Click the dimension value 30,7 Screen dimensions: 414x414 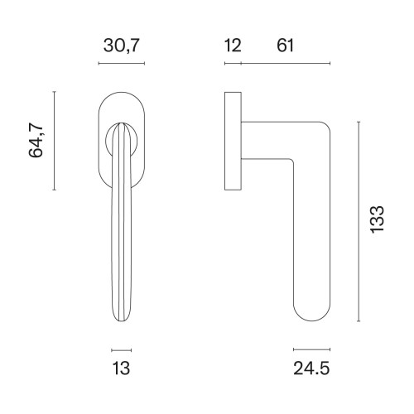pos(121,46)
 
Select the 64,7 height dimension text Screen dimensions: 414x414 pos(36,139)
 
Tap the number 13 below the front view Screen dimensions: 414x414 pos(121,368)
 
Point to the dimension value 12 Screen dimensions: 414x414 pos(233,46)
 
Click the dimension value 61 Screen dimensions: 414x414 pos(285,46)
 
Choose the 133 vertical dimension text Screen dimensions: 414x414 pos(377,219)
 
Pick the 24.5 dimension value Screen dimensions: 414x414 pos(311,368)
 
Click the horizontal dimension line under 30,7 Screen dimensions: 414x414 pos(122,64)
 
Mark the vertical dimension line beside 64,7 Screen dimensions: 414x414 pos(54,141)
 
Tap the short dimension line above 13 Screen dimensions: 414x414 pos(122,350)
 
